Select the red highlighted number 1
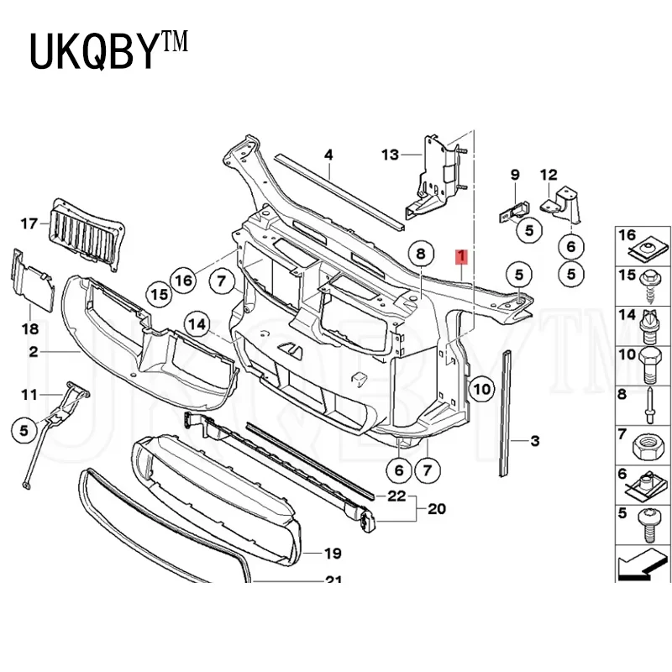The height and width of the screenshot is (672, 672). (x=460, y=256)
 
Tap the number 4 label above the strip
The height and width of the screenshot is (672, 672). (x=328, y=155)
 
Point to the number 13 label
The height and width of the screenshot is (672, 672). (x=391, y=155)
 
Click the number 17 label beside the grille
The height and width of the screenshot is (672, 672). (x=30, y=223)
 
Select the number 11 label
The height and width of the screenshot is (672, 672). (x=30, y=394)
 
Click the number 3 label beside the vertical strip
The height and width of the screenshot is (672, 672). (x=535, y=439)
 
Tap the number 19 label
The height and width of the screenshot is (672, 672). (x=333, y=553)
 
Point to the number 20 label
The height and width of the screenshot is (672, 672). (x=438, y=508)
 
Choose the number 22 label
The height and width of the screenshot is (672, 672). (x=396, y=496)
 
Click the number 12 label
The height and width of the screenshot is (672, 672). (x=548, y=175)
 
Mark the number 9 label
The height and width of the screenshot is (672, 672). (x=516, y=175)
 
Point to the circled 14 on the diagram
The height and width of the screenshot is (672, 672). (x=197, y=323)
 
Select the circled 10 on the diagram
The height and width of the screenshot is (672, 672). (x=480, y=388)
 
